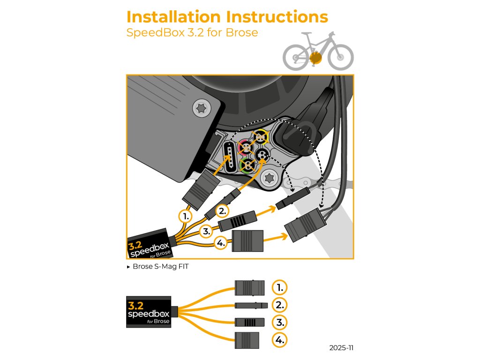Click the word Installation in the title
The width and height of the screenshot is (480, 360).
tap(173, 17)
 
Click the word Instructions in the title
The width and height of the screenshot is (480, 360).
tap(277, 17)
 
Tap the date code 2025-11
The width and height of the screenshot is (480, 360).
tap(341, 348)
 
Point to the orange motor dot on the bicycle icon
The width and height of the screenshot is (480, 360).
tap(315, 58)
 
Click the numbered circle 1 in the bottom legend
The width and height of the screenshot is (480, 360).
tap(279, 287)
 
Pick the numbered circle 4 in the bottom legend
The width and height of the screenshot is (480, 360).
tap(279, 340)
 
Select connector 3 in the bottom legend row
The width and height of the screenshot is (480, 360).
tap(249, 322)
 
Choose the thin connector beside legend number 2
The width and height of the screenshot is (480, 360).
tap(251, 306)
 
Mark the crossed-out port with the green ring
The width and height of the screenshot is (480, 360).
tap(247, 165)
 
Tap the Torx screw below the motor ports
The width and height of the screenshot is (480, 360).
tap(270, 178)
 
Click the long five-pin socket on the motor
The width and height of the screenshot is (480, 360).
tap(229, 157)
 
